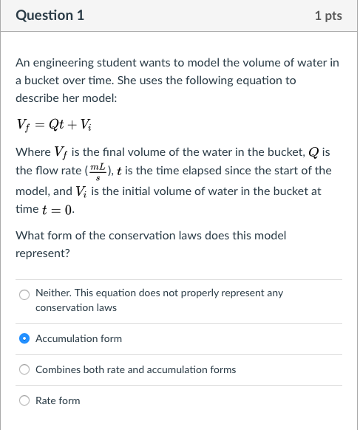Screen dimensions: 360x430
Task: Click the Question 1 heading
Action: [50, 15]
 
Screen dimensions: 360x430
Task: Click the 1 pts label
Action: [327, 16]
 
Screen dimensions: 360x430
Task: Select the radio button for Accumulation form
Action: [24, 338]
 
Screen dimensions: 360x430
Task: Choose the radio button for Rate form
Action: [24, 400]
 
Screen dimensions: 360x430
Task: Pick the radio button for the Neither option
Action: [24, 293]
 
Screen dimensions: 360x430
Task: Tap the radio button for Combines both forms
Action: [24, 369]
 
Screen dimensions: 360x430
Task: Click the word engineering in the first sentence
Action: [62, 63]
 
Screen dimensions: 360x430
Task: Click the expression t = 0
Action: [61, 210]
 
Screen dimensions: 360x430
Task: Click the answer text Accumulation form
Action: [78, 338]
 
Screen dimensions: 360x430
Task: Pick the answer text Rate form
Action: [58, 400]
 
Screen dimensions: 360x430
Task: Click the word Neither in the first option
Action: [52, 293]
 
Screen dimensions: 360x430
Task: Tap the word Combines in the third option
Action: [58, 369]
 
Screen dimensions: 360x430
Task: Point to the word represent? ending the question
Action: [43, 253]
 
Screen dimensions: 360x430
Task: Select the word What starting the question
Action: [30, 236]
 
